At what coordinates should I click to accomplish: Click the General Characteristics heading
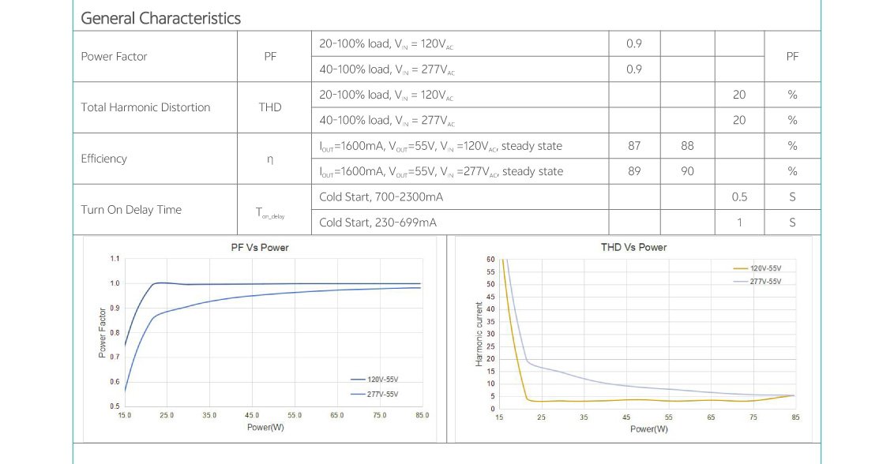pos(160,18)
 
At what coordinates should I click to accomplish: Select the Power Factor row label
pos(114,57)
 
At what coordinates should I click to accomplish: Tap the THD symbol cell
pos(270,107)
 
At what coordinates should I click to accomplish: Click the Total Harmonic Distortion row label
pos(145,107)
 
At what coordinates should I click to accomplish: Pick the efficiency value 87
pos(633,146)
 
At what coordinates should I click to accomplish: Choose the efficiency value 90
pos(687,171)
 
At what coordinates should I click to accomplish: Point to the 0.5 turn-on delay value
pos(739,196)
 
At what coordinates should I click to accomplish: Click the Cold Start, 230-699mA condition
pos(378,223)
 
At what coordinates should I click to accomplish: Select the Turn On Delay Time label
pos(131,210)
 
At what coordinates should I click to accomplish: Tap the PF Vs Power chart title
pos(259,248)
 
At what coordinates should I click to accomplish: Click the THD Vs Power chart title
pos(633,248)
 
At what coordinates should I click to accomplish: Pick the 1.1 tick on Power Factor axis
pos(115,259)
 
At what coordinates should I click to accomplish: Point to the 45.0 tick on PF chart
pos(252,415)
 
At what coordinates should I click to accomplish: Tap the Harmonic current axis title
pos(479,333)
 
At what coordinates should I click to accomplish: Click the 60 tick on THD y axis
pos(490,260)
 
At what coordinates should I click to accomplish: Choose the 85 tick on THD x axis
pos(794,417)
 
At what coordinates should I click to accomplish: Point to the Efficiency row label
pos(103,159)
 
